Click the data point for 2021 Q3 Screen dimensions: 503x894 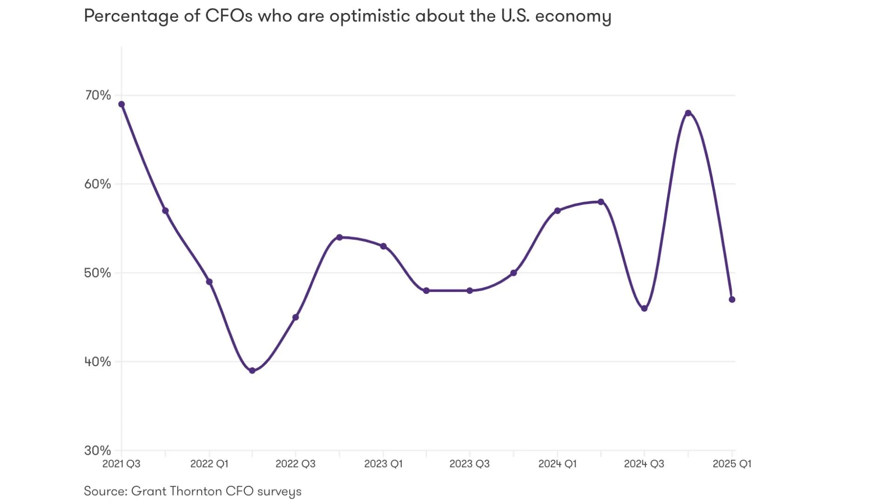[122, 104]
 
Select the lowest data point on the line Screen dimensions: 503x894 [252, 371]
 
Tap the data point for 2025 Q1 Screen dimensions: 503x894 [732, 299]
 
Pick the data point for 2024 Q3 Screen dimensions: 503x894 [644, 308]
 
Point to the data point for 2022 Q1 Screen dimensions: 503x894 [209, 282]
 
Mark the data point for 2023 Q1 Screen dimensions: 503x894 [383, 246]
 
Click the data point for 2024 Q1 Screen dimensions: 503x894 [557, 211]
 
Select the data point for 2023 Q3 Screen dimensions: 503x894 [470, 291]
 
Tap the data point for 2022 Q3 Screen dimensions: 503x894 [296, 317]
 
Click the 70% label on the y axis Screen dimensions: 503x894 [98, 95]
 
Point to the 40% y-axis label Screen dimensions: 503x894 [98, 361]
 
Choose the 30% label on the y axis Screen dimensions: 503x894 [98, 450]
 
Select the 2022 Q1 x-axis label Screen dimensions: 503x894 [209, 464]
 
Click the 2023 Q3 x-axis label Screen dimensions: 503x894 [469, 464]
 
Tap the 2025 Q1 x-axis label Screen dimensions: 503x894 [732, 464]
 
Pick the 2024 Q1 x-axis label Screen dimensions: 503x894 [557, 464]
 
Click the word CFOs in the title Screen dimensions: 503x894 [229, 16]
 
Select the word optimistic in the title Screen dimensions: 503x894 [370, 16]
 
